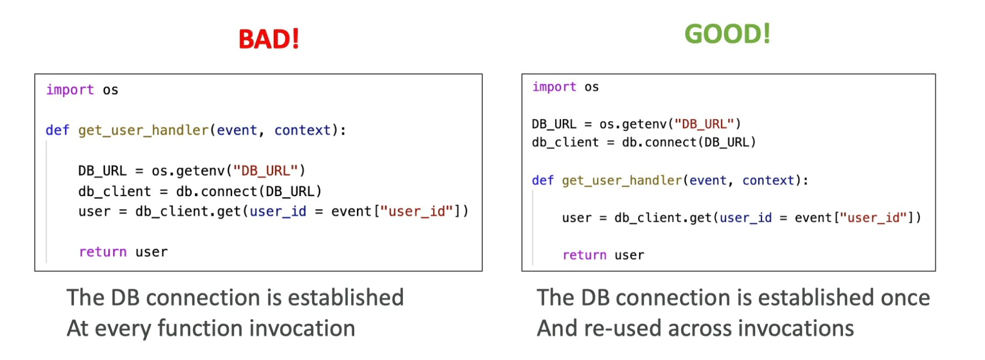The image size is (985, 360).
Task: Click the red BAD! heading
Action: (268, 39)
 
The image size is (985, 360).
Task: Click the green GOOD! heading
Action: (727, 34)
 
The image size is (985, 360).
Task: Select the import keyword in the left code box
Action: (70, 89)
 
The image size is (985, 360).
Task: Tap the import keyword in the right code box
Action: (554, 87)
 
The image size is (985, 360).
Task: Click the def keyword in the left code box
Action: (57, 130)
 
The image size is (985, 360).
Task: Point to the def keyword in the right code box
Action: (542, 181)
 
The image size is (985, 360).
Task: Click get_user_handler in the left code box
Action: (143, 130)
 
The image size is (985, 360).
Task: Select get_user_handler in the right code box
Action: (622, 181)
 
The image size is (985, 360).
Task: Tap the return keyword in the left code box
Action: (102, 252)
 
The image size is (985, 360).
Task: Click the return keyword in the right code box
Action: (584, 255)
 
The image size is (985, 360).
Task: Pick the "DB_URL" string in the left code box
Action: (266, 171)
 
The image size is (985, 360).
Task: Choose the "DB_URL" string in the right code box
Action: (704, 124)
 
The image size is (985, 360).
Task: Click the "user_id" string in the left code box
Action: (416, 212)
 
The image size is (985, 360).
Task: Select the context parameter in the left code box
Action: (302, 130)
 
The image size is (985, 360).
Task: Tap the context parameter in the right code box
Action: (768, 181)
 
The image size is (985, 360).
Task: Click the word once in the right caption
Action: (905, 298)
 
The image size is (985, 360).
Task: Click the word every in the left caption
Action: (123, 328)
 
